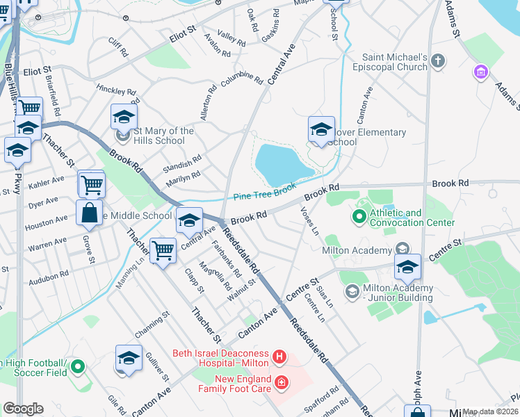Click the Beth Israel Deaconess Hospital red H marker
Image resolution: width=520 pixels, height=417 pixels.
[x=279, y=358]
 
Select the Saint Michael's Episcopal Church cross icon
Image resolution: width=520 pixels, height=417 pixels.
[x=437, y=61]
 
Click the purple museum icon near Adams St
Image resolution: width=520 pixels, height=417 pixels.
[x=480, y=72]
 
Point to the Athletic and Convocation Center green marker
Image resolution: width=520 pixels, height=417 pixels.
[x=359, y=218]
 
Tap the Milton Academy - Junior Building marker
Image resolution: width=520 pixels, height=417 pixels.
[x=352, y=293]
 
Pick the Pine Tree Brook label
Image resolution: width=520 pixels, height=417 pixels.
[x=264, y=191]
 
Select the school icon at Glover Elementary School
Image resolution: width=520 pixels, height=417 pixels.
[x=321, y=129]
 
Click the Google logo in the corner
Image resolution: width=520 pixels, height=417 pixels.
[x=23, y=409]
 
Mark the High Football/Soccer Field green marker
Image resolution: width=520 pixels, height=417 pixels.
[x=77, y=366]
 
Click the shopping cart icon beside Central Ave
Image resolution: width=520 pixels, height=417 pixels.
[x=163, y=249]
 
